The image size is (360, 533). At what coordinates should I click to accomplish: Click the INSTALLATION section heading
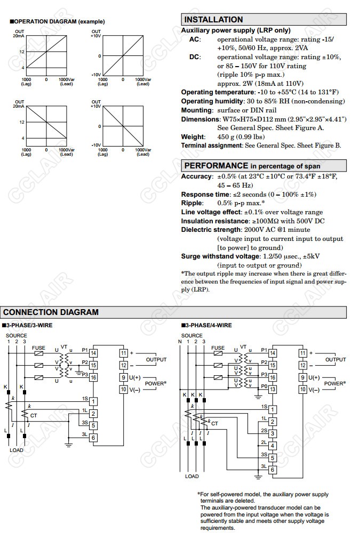point(213,20)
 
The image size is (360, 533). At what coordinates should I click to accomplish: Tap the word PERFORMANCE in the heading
point(216,166)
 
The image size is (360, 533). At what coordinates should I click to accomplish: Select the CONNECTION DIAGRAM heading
point(51,312)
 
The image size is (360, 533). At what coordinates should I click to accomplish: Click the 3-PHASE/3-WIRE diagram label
point(29,325)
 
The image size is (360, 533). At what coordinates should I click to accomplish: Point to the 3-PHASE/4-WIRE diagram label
point(209,325)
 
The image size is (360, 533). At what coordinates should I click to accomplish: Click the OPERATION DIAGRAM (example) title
point(58,22)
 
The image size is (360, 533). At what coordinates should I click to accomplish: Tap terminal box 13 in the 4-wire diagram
point(273,390)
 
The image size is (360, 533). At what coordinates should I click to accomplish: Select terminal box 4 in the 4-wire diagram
point(273,446)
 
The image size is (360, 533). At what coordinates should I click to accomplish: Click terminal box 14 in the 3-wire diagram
point(93,353)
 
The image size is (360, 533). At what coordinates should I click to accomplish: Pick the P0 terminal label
point(263,387)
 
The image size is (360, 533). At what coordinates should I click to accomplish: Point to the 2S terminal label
point(263,430)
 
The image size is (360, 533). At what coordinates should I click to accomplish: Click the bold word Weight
point(193,137)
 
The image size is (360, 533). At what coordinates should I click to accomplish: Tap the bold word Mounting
point(197,110)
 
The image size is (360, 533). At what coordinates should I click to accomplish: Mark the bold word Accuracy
point(197,176)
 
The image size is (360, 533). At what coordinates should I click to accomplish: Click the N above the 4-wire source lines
point(180,342)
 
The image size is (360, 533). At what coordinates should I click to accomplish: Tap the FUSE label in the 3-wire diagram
point(38,348)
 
